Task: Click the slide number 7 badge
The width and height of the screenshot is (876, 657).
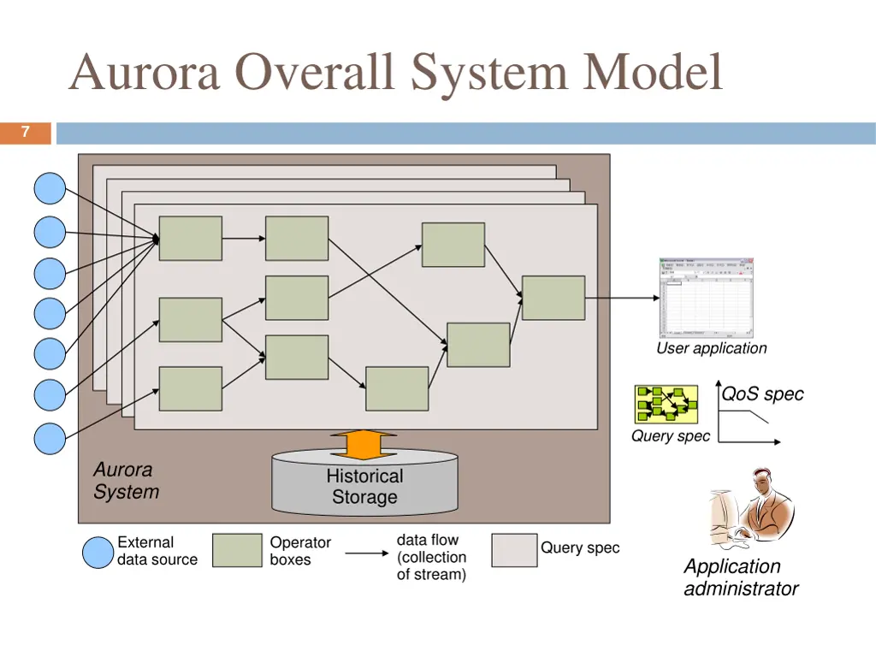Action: tap(26, 133)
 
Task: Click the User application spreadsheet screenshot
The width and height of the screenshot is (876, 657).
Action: tap(706, 298)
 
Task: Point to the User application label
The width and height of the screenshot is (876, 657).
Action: tap(711, 348)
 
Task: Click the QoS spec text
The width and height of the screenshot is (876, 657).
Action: tap(762, 394)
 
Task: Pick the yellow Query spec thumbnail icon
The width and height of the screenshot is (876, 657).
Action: tap(666, 405)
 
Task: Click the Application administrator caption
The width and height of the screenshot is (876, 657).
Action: tap(740, 577)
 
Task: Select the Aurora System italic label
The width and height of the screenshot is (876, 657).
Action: tap(126, 481)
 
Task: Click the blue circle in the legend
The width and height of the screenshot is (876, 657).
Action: tap(98, 552)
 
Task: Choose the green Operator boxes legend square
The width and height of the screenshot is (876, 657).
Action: tap(237, 551)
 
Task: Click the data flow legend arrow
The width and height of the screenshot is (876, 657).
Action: tap(366, 553)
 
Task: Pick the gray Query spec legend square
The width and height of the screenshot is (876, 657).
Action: tap(514, 551)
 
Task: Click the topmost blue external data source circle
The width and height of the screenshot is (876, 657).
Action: tap(50, 188)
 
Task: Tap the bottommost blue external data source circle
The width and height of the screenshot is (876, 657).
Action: tap(50, 438)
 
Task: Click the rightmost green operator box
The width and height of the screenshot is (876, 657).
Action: tap(553, 298)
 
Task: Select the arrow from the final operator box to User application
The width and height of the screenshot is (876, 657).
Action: tap(621, 298)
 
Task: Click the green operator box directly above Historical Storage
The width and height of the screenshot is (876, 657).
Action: tap(397, 388)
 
